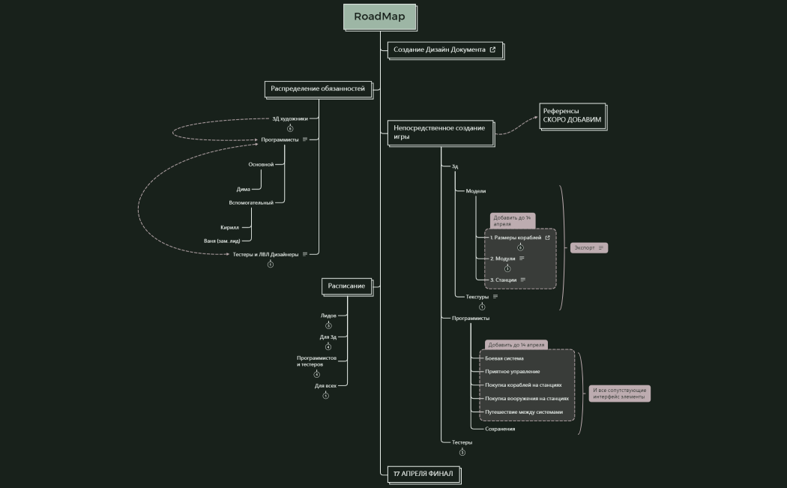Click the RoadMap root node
[x=379, y=16]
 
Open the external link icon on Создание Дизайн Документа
[x=492, y=49]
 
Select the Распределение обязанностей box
[x=318, y=88]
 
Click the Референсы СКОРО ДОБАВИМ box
[x=572, y=115]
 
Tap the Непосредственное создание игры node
[x=440, y=132]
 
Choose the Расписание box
[x=346, y=286]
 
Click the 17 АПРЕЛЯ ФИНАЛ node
[x=423, y=474]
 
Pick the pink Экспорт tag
[x=588, y=247]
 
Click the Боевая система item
[x=504, y=358]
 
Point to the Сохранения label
[x=500, y=429]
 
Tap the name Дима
[x=243, y=189]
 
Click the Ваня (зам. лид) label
[x=222, y=241]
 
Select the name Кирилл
[x=229, y=227]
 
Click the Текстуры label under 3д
[x=477, y=296]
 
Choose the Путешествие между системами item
[x=524, y=412]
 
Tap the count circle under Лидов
[x=328, y=325]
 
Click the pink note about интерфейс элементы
[x=619, y=394]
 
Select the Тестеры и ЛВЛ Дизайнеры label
[x=265, y=254]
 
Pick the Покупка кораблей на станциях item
[x=523, y=385]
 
